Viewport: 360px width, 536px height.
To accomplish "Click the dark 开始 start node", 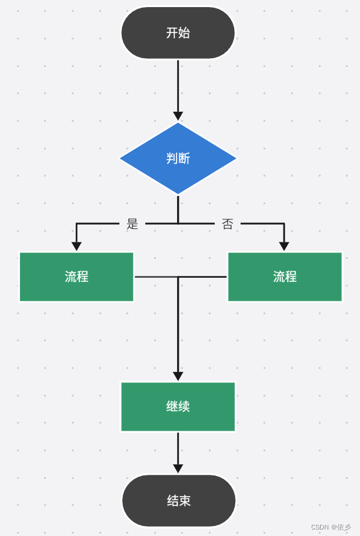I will [178, 33].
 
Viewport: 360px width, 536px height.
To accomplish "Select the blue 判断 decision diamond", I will [178, 158].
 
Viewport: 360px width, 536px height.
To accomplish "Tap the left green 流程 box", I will [76, 277].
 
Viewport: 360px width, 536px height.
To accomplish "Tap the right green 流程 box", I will [285, 277].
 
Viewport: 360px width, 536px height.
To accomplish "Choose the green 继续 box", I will [178, 407].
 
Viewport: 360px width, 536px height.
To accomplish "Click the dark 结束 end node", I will [178, 501].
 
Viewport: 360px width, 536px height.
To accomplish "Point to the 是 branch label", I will [132, 224].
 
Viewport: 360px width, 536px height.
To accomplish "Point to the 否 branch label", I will [228, 224].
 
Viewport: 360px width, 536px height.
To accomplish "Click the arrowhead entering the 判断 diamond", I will [178, 116].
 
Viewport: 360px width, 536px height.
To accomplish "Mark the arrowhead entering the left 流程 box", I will [76, 246].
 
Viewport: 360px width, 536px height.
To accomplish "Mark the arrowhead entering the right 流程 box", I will [284, 246].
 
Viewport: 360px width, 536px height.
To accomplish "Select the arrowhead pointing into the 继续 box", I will [178, 376].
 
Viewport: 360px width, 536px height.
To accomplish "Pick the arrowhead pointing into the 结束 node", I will [178, 468].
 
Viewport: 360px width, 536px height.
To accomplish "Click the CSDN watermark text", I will [331, 527].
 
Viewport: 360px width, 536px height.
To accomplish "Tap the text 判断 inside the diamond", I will [178, 158].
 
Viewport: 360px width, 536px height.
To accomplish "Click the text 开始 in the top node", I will [178, 33].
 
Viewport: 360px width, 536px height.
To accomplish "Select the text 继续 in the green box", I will [178, 407].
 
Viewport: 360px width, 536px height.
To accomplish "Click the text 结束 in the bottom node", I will [178, 501].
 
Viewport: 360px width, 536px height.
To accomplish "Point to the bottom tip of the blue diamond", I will [178, 194].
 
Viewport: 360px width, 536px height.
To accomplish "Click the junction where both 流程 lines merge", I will [178, 277].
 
